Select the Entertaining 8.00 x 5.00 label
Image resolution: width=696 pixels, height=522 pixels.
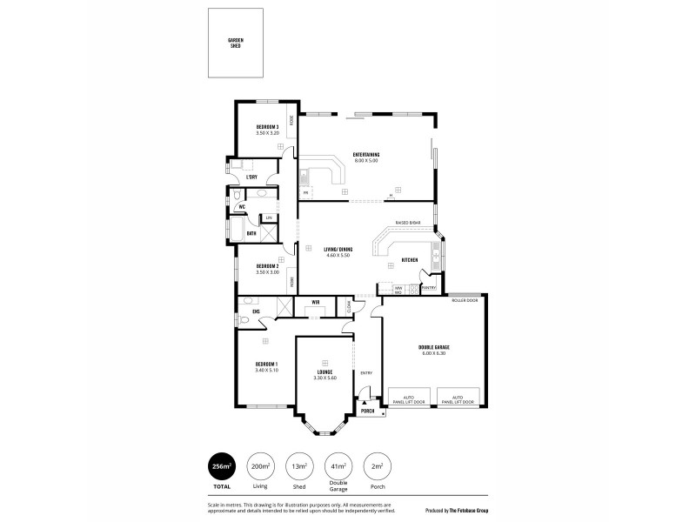click(365, 157)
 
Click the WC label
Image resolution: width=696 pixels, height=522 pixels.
click(243, 206)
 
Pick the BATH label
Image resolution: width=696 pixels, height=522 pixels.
click(251, 233)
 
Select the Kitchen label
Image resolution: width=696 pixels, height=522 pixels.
click(410, 260)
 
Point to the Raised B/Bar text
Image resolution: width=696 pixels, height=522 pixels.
click(408, 223)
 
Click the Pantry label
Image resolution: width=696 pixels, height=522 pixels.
click(428, 287)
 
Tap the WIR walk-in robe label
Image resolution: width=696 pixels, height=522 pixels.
click(316, 302)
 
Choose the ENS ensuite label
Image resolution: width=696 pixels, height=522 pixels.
click(256, 311)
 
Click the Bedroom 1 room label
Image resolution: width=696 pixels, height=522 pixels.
click(265, 366)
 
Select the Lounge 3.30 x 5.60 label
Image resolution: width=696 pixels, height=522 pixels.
click(325, 375)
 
